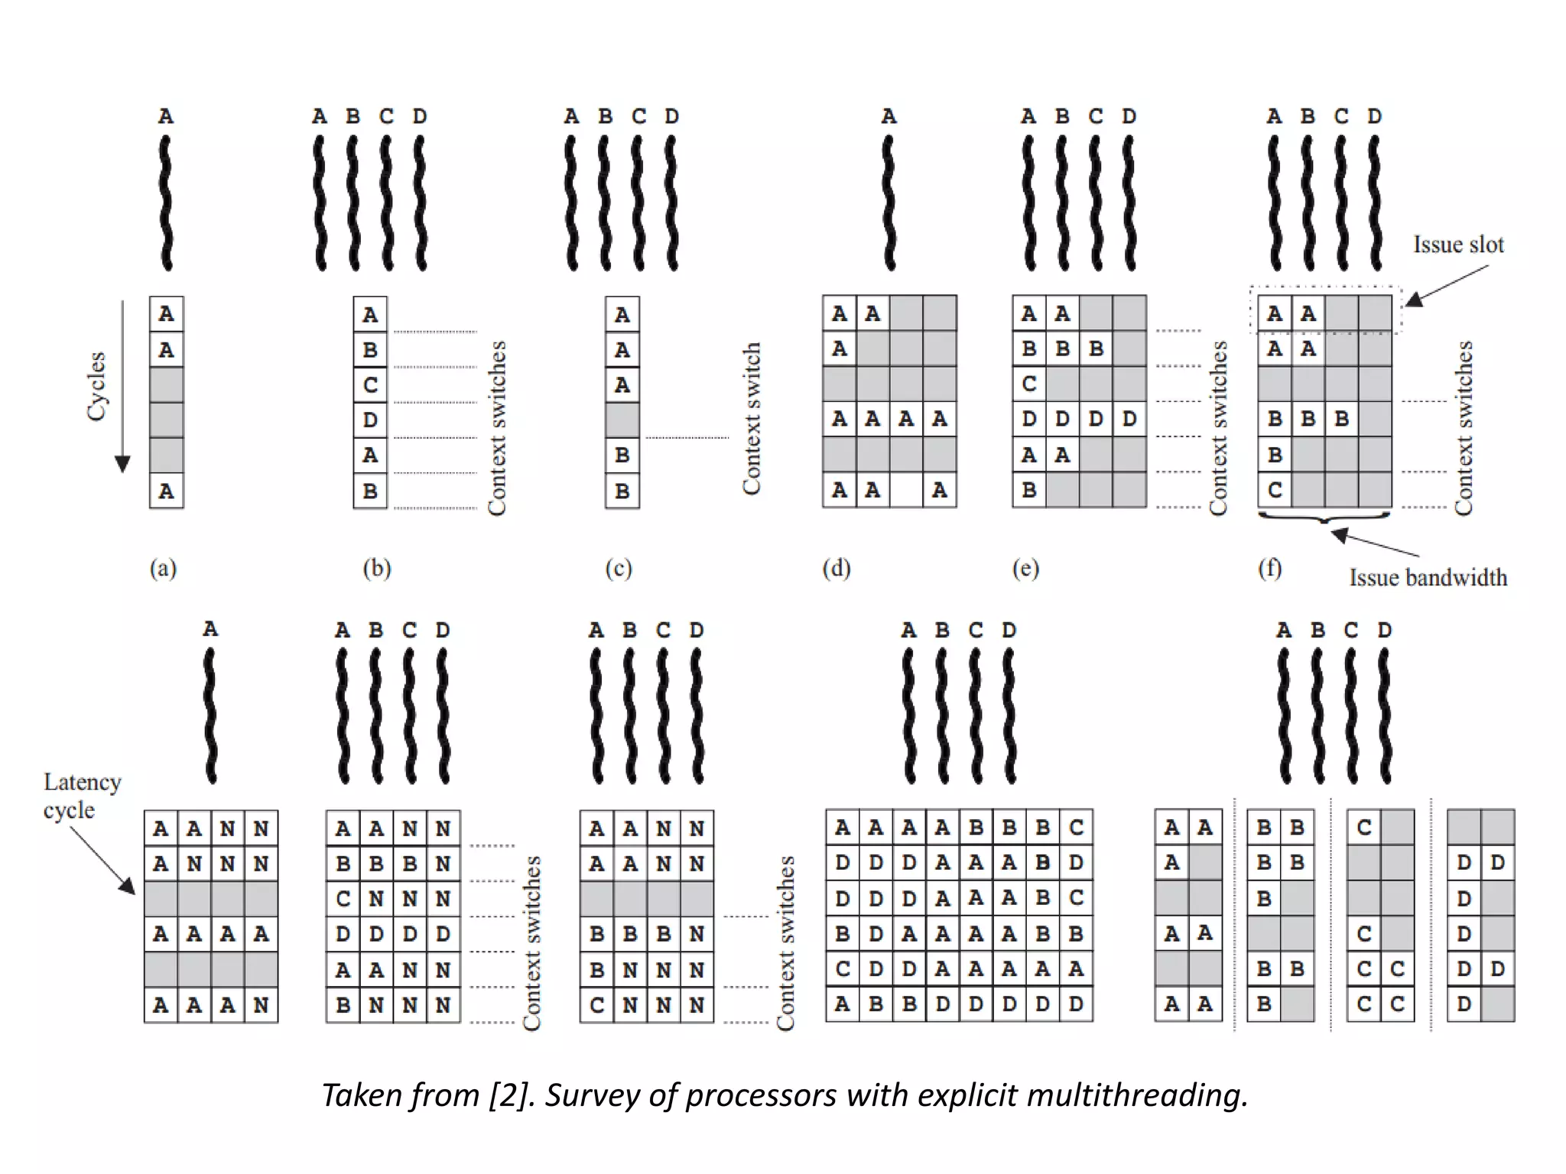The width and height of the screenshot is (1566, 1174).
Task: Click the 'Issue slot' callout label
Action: click(1457, 245)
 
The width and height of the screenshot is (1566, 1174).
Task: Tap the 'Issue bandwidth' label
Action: click(1428, 578)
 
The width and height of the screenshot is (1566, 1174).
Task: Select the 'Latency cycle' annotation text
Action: click(81, 796)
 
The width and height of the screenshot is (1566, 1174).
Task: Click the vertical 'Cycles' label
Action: click(96, 386)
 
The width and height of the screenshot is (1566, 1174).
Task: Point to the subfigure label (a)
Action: click(163, 569)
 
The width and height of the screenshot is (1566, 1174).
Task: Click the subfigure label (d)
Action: click(836, 569)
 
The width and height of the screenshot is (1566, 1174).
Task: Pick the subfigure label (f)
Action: click(1269, 569)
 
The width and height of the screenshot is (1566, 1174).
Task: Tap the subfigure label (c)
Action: click(619, 569)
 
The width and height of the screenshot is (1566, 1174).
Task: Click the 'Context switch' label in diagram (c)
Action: click(752, 418)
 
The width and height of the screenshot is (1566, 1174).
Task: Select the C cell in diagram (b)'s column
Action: click(370, 384)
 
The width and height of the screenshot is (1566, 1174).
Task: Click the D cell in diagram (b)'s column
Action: click(370, 420)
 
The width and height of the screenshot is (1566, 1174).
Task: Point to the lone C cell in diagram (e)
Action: click(1029, 384)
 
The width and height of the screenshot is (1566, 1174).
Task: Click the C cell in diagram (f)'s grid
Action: click(1275, 490)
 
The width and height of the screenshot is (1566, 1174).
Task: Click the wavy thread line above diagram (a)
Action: click(166, 203)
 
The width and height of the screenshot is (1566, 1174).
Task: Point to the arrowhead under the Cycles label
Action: click(122, 463)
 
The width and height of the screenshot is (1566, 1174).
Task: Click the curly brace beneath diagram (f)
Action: click(1324, 518)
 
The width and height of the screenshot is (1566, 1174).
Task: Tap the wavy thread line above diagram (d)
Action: click(889, 203)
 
